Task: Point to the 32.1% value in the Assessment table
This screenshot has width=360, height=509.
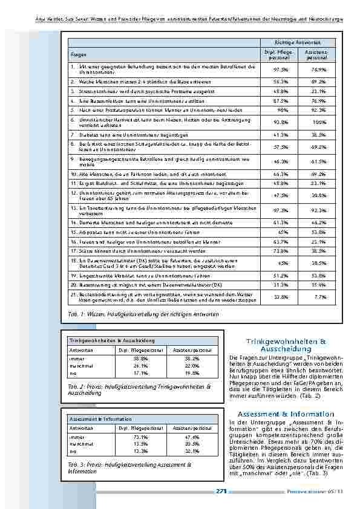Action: (x=192, y=451)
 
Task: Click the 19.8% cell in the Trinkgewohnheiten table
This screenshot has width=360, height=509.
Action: (x=192, y=373)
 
